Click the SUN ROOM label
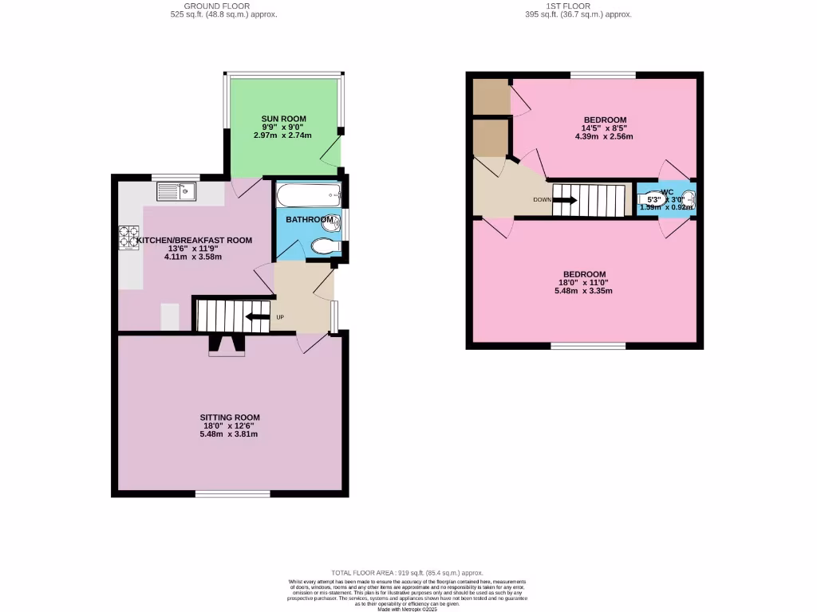pyautogui.click(x=283, y=119)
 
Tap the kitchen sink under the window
pyautogui.click(x=176, y=191)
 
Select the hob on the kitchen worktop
pyautogui.click(x=129, y=238)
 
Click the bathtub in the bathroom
pyautogui.click(x=307, y=195)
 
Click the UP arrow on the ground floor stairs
pyautogui.click(x=257, y=317)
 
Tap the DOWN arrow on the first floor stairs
pyautogui.click(x=564, y=201)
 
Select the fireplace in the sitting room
pyautogui.click(x=227, y=345)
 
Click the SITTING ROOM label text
pyautogui.click(x=230, y=418)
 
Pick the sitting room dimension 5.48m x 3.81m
pyautogui.click(x=230, y=434)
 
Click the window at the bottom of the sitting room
pyautogui.click(x=232, y=495)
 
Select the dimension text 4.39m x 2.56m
pyautogui.click(x=603, y=136)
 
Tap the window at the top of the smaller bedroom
pyautogui.click(x=602, y=75)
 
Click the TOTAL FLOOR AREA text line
pyautogui.click(x=408, y=573)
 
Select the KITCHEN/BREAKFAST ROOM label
pyautogui.click(x=194, y=240)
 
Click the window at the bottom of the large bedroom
pyautogui.click(x=588, y=346)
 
